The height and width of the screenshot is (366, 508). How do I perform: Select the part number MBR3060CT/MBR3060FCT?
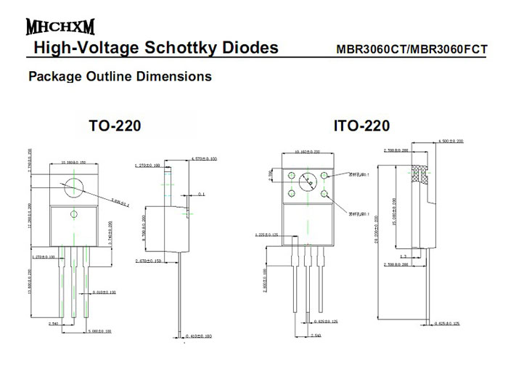coord(411,51)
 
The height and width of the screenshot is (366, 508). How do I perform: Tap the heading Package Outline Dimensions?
coord(119,76)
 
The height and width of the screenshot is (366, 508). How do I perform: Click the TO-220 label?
coord(115,126)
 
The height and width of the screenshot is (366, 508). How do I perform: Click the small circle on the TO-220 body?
coord(73,213)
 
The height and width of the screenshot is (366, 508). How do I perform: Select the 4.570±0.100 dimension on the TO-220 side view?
coord(203,158)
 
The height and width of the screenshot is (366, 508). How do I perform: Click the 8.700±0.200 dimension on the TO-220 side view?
coord(144,227)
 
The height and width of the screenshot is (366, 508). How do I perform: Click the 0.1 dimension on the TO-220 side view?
coord(201,195)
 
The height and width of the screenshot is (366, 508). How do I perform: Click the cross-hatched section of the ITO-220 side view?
coord(418,174)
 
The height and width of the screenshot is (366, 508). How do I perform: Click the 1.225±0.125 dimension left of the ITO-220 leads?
coord(269,235)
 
